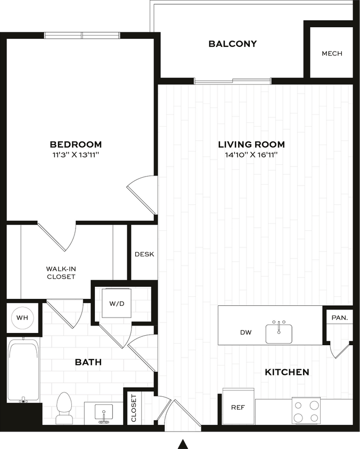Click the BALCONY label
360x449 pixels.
coord(232,44)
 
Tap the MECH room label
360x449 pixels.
coord(332,54)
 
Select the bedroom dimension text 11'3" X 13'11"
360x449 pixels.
coord(76,154)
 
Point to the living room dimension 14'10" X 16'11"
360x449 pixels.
coord(251,154)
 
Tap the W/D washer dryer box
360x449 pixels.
coord(117,304)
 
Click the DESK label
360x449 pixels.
coord(144,254)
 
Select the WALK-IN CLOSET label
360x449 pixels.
coord(61,273)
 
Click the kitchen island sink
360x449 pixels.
coord(279,332)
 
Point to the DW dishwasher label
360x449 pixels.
coord(246,333)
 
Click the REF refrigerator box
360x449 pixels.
coord(238,407)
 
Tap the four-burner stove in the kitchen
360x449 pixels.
coord(307,411)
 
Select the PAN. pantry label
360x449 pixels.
coord(339,318)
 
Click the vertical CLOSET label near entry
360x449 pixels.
coord(134,408)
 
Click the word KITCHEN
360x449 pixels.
coord(287,372)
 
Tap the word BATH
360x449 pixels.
coord(88,362)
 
